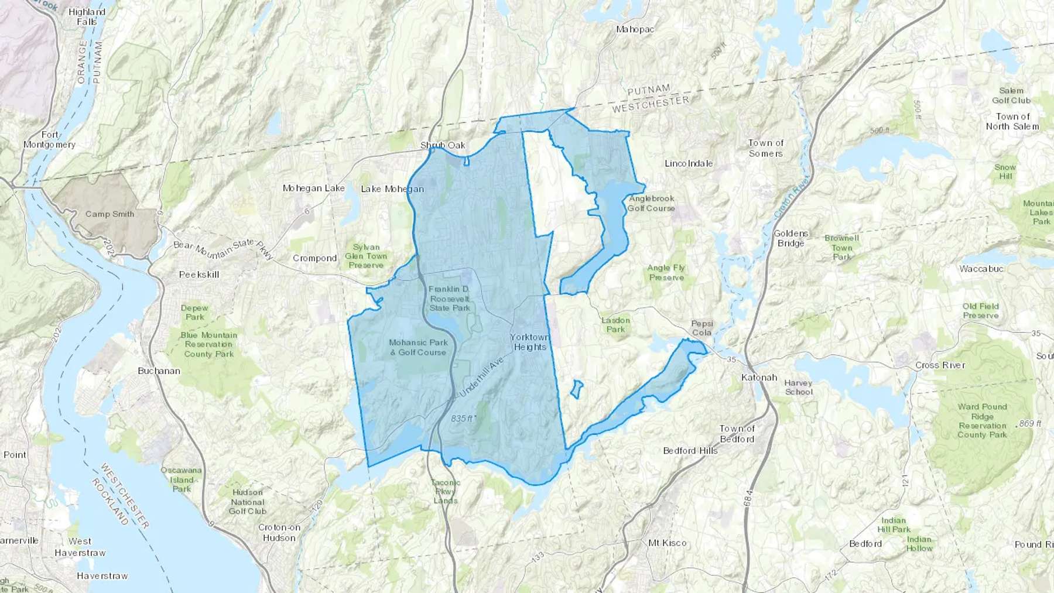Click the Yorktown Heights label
pos(529,342)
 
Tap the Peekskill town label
pos(199,274)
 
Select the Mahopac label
pos(635,29)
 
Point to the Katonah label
pos(759,377)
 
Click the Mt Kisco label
pos(668,543)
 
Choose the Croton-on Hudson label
pos(279,532)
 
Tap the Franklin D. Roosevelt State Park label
pos(449,299)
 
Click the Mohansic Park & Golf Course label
pos(418,347)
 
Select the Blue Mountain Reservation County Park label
pos(208,344)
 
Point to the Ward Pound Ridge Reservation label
pos(982,420)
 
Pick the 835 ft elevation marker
pos(463,419)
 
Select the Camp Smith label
pos(109,214)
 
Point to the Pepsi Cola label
pos(701,328)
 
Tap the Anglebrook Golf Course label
pos(651,203)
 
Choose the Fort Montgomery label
pos(49,139)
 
